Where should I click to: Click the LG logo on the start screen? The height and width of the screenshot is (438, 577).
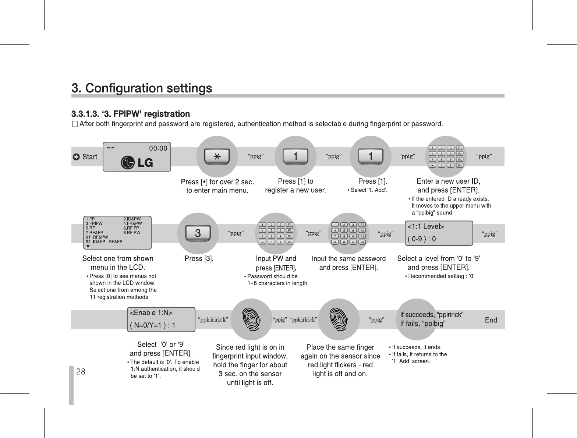[x=137, y=162]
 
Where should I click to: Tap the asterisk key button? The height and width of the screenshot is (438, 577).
[x=217, y=156]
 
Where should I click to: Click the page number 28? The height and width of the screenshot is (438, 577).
[x=81, y=372]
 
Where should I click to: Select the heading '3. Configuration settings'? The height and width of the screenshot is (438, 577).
[x=142, y=88]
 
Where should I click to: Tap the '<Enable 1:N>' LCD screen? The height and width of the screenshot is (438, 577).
[x=161, y=319]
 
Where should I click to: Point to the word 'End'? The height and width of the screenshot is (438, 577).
[x=491, y=320]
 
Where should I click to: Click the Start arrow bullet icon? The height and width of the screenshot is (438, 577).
[x=76, y=157]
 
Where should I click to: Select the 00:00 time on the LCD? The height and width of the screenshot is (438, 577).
[x=158, y=148]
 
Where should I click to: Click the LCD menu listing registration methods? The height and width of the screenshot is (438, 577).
[x=117, y=233]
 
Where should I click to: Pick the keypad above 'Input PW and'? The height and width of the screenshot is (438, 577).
[x=276, y=233]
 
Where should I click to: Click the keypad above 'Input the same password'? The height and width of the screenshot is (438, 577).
[x=348, y=233]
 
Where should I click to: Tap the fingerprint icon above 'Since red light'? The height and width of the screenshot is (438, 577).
[x=250, y=319]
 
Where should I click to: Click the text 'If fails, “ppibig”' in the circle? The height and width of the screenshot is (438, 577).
[x=423, y=324]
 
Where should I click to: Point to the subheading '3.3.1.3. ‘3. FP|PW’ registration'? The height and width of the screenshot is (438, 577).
[x=131, y=114]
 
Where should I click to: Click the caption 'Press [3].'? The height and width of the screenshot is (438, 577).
[x=199, y=259]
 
